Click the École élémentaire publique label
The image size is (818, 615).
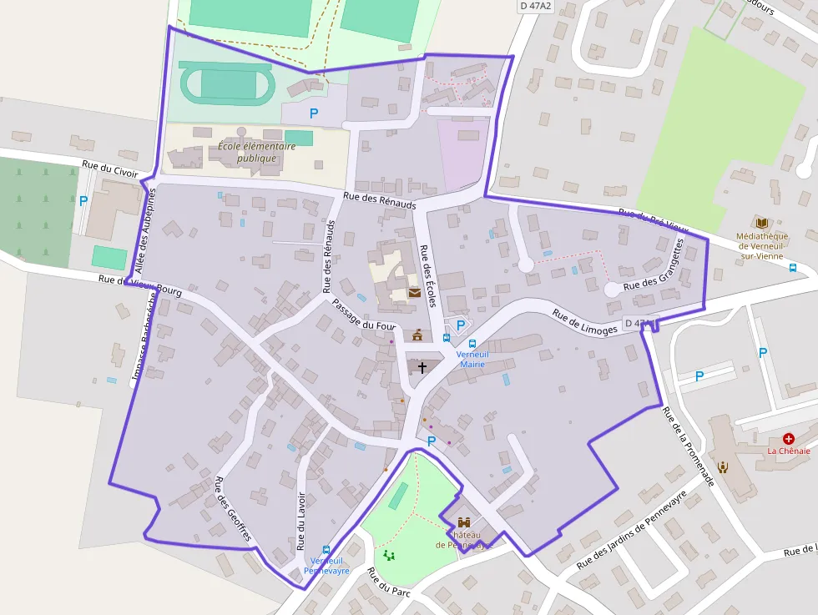[256, 151]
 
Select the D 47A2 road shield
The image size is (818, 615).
[536, 6]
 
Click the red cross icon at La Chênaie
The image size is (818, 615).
[788, 438]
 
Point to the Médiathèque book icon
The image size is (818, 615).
[761, 223]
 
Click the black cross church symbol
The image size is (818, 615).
[422, 367]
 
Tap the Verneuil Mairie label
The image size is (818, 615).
[472, 359]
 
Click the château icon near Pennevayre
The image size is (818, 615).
[463, 522]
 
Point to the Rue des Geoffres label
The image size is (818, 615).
[233, 508]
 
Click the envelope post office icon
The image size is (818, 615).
[415, 293]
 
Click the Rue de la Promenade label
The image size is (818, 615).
[688, 446]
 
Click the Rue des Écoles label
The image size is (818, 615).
[430, 275]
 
